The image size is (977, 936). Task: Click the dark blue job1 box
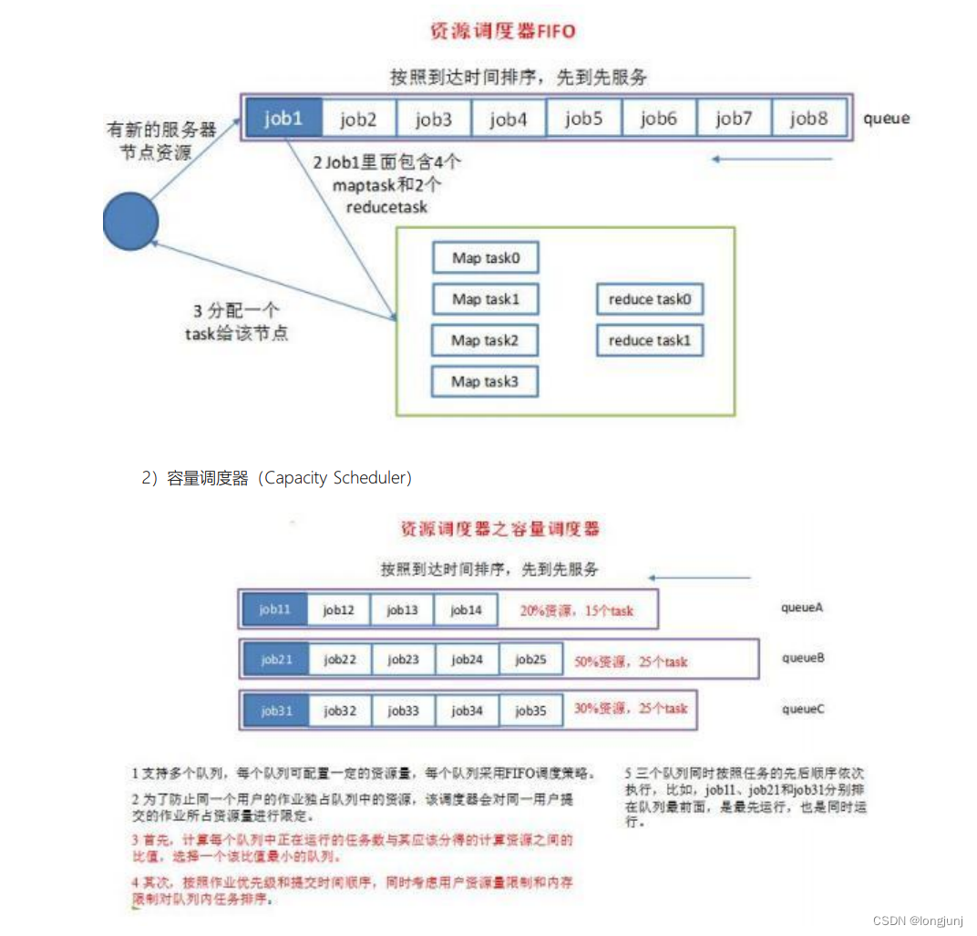[283, 118]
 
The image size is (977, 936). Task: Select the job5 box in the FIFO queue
[584, 118]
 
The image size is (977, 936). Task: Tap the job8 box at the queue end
[809, 118]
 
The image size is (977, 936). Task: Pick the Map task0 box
[485, 258]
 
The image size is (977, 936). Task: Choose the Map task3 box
[485, 381]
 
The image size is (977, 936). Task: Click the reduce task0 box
[650, 299]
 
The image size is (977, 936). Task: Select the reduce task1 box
[650, 340]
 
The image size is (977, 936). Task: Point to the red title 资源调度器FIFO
[502, 31]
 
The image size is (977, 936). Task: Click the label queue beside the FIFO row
[886, 119]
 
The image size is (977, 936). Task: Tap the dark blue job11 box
[274, 609]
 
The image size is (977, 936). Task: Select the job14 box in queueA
[466, 609]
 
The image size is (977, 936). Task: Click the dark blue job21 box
[275, 660]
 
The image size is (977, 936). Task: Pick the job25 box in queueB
[530, 660]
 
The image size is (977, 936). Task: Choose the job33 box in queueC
[403, 710]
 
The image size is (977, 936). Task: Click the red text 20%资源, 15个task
[576, 610]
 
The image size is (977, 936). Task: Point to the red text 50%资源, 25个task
[631, 660]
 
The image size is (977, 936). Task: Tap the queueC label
[803, 708]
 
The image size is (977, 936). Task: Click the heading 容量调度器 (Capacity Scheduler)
[276, 478]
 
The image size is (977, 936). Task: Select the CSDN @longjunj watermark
[917, 920]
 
